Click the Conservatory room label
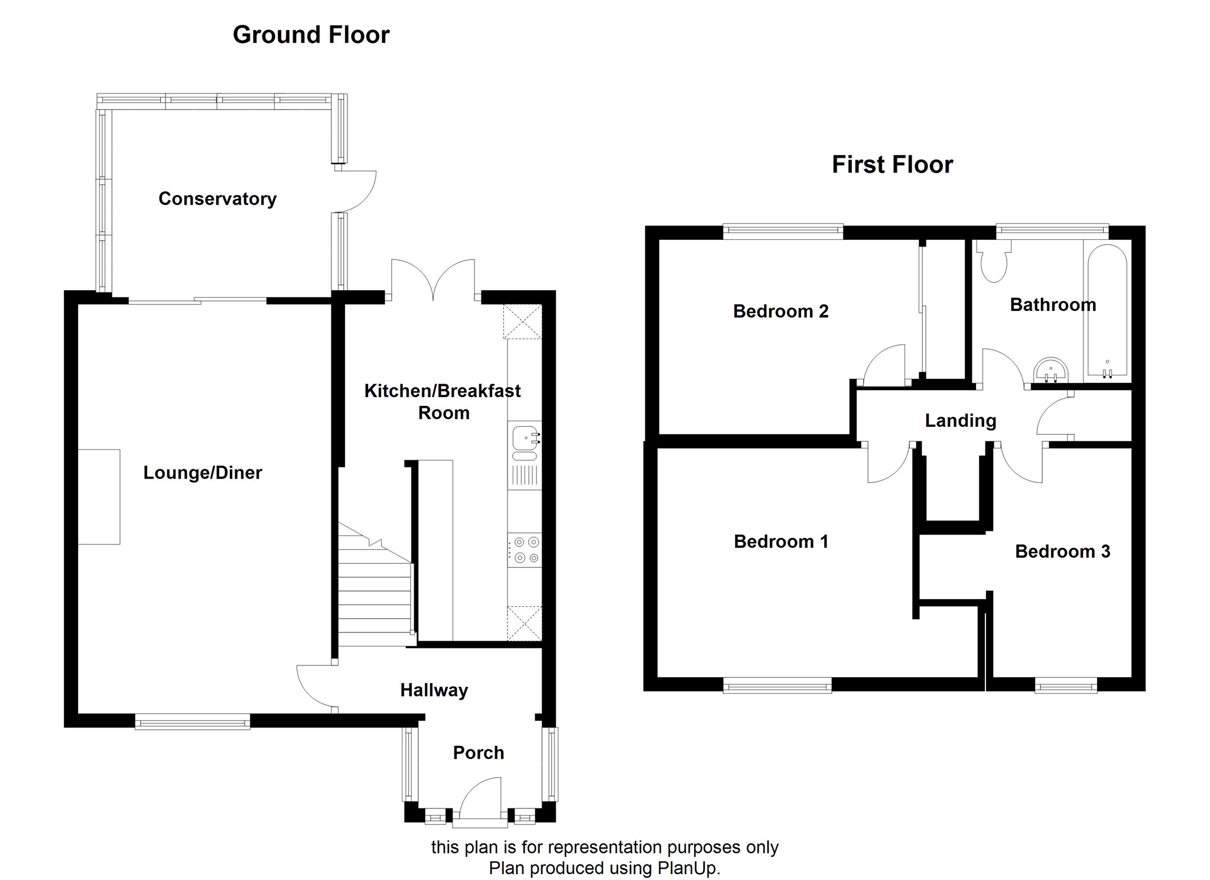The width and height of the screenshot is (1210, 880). [217, 199]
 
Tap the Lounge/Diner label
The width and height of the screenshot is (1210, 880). [203, 473]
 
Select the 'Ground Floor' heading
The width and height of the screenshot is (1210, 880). [311, 35]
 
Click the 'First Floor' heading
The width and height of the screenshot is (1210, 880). [892, 164]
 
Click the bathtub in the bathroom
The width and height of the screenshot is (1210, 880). [1107, 310]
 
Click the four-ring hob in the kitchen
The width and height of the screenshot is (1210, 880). [525, 550]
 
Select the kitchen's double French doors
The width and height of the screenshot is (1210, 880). [433, 280]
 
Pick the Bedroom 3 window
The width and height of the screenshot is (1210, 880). [1066, 686]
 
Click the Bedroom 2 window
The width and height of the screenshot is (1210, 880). [783, 231]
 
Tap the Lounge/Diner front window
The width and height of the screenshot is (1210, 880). [193, 721]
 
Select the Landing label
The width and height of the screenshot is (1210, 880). [960, 421]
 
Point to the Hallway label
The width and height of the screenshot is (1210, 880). [434, 690]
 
